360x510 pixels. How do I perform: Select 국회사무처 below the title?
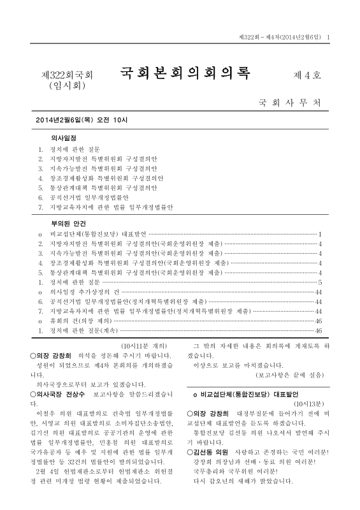point(289,102)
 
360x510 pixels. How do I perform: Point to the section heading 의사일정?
point(64,138)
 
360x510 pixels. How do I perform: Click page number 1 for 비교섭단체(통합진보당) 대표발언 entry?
point(320,235)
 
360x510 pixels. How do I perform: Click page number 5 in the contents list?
point(320,281)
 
